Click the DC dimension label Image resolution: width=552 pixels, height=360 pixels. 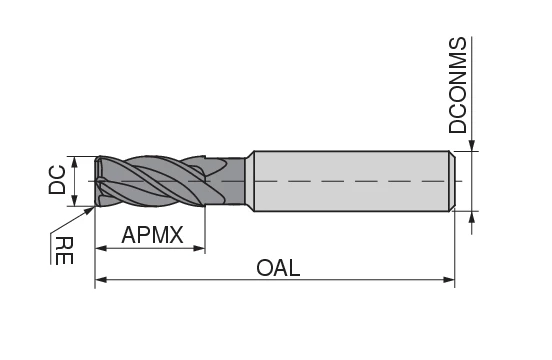[57, 180]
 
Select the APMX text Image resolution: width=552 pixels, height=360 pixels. [153, 236]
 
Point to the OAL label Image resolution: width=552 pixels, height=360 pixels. [278, 269]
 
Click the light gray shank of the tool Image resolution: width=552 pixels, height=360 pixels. [350, 181]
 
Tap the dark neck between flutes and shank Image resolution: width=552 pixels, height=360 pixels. [235, 181]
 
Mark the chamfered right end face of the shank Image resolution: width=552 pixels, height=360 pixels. [452, 181]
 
